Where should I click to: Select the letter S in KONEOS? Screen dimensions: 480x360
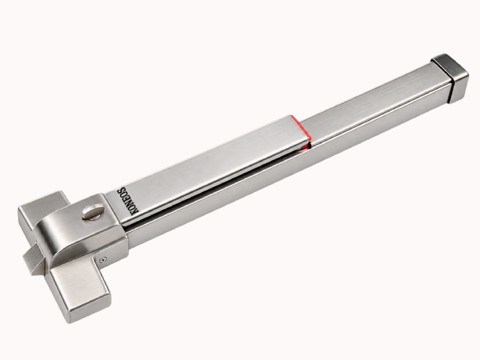pyautogui.click(x=122, y=190)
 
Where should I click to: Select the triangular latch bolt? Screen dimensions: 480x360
pyautogui.click(x=34, y=259)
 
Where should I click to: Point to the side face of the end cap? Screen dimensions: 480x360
pyautogui.click(x=458, y=87)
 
